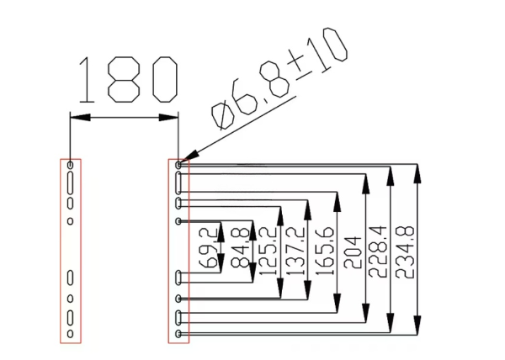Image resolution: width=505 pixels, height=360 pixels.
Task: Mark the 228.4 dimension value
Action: tap(376, 250)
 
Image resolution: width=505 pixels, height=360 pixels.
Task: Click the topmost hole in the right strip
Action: tap(179, 165)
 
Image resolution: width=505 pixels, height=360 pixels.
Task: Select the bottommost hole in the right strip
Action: tap(179, 334)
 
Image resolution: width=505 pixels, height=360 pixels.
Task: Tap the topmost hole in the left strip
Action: tap(71, 165)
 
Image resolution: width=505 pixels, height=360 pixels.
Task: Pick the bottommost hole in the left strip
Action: tap(71, 334)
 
